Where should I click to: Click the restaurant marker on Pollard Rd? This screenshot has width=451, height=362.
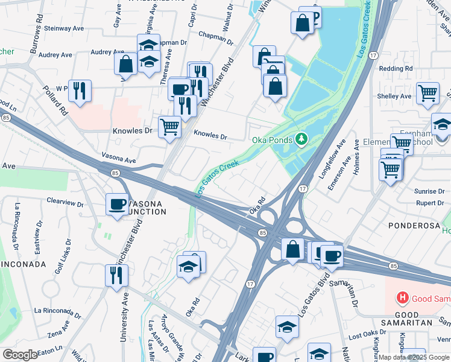coord(80,91)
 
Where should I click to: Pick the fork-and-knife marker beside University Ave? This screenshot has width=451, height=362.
coord(116,275)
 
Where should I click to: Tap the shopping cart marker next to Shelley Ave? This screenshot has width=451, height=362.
coord(427,93)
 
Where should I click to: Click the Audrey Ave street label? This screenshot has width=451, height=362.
coord(55,54)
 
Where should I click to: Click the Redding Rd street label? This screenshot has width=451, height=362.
coord(396,69)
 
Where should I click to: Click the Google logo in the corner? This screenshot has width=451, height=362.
coord(20,355)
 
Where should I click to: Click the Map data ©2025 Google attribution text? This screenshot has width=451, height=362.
coord(414,357)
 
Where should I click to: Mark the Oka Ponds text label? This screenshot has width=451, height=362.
coord(271,140)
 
